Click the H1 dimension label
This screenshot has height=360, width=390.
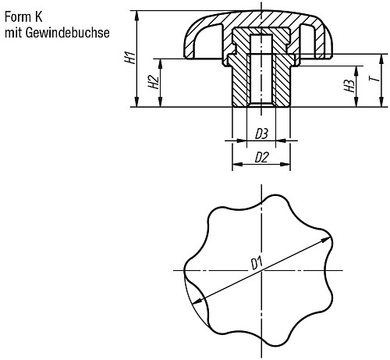tap(130, 58)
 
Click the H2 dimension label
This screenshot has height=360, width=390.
tap(154, 82)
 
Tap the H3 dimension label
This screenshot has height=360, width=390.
tap(349, 86)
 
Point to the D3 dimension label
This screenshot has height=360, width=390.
tap(261, 134)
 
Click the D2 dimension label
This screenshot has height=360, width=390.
tap(261, 158)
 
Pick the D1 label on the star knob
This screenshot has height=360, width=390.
tap(257, 263)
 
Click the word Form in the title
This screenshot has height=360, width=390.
tap(17, 17)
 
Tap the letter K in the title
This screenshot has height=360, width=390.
tap(38, 17)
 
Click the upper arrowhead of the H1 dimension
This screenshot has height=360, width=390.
tap(136, 16)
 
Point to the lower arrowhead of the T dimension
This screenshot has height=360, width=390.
tap(381, 102)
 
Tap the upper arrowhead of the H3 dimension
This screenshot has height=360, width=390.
tap(356, 71)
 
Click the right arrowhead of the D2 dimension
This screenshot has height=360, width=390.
tap(285, 164)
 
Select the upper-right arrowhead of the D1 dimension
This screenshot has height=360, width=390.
tap(327, 240)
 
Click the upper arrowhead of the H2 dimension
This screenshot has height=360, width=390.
tap(160, 64)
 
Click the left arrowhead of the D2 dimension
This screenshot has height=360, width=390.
tap(237, 164)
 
